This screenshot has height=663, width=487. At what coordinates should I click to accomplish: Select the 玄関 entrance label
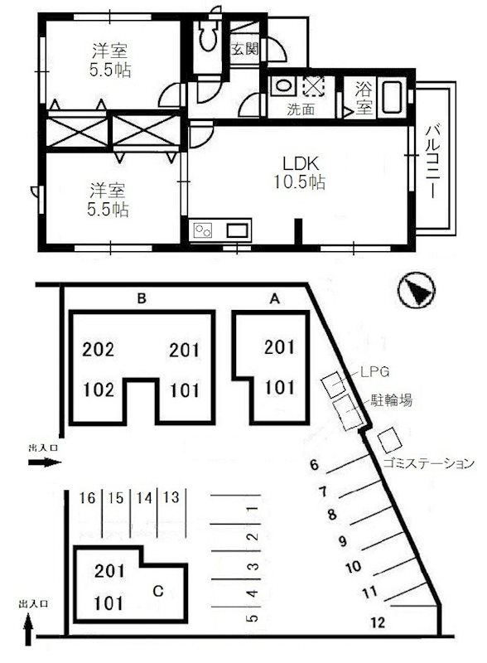pyautogui.click(x=244, y=49)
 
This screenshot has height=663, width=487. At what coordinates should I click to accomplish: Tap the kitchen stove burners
pyautogui.click(x=203, y=230)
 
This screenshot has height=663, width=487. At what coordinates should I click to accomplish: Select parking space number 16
pyautogui.click(x=87, y=498)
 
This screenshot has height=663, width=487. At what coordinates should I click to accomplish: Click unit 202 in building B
pyautogui.click(x=98, y=349)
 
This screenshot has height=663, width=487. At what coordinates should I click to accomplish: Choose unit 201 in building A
pyautogui.click(x=279, y=347)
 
